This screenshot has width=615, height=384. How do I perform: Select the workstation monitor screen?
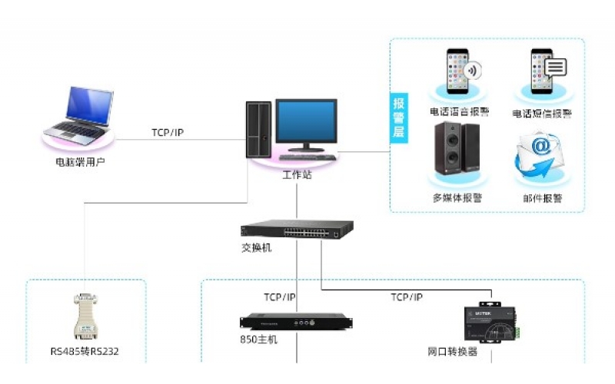pyautogui.click(x=306, y=122)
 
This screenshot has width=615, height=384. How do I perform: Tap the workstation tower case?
pyautogui.click(x=258, y=129)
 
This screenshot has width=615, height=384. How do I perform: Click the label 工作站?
pyautogui.click(x=297, y=175)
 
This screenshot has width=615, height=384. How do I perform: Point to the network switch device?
pyautogui.click(x=297, y=229)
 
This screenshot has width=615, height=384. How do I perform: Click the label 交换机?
pyautogui.click(x=256, y=248)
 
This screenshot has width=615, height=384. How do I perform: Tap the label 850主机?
pyautogui.click(x=259, y=339)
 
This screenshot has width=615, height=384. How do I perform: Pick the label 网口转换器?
pyautogui.click(x=453, y=352)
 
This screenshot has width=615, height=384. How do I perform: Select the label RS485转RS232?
pyautogui.click(x=85, y=352)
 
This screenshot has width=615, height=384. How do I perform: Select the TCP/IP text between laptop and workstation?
pyautogui.click(x=168, y=133)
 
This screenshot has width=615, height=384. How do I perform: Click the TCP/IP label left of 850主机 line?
pyautogui.click(x=280, y=296)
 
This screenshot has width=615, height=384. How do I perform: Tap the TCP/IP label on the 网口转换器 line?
pyautogui.click(x=407, y=296)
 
